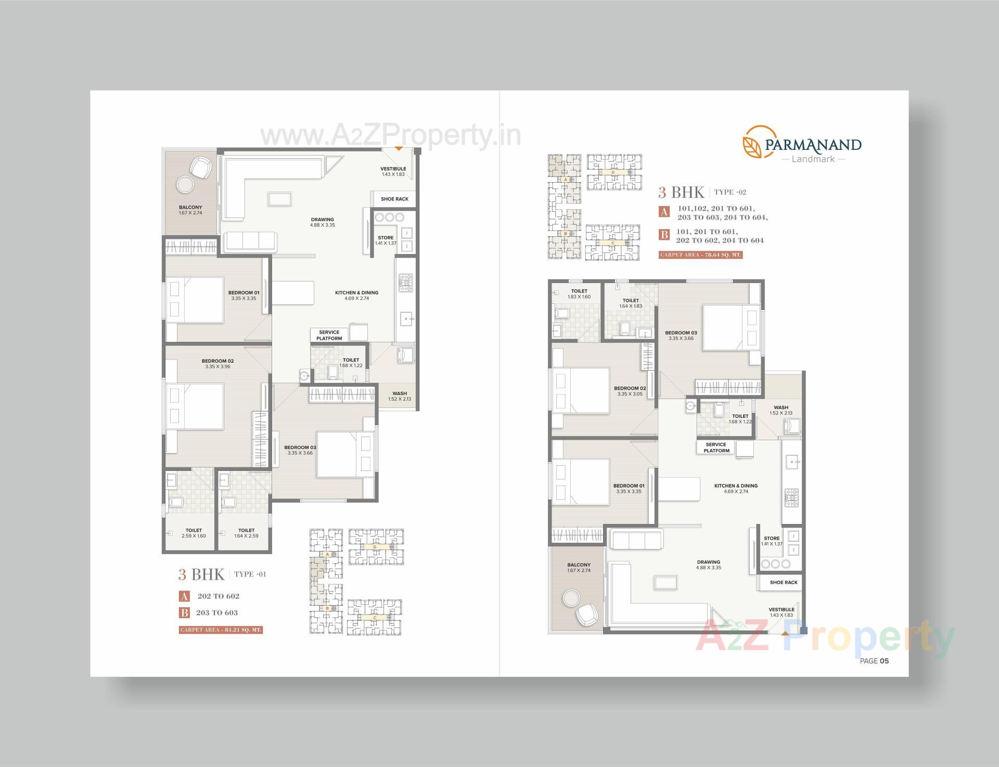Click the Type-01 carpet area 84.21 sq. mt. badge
tap(221, 630)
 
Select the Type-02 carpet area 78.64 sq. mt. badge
tap(700, 255)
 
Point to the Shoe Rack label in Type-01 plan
tap(394, 199)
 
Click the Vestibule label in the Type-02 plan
tap(781, 612)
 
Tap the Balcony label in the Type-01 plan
tap(190, 210)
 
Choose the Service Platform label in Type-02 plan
tap(716, 448)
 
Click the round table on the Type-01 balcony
tap(185, 184)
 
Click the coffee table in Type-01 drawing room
tap(280, 199)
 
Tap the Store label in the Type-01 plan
tap(386, 240)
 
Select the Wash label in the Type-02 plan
tap(780, 410)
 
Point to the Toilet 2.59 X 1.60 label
tap(194, 533)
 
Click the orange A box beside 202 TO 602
tap(184, 596)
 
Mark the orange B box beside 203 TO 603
tap(184, 612)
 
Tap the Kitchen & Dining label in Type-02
tap(736, 488)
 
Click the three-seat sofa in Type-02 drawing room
tap(636, 540)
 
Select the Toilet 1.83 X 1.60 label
tap(579, 293)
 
